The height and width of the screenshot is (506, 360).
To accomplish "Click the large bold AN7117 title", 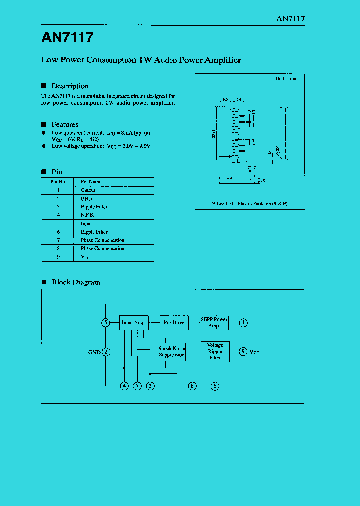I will [x=67, y=38].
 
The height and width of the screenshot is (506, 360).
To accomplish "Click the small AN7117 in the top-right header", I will [x=290, y=18].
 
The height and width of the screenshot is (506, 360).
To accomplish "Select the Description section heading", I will [x=70, y=86].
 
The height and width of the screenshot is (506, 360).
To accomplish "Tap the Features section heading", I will [x=65, y=124].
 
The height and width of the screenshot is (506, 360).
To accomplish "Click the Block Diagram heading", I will [x=76, y=282].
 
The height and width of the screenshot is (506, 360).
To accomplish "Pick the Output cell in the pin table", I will [x=88, y=190].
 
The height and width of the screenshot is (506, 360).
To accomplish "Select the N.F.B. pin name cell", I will [x=87, y=215].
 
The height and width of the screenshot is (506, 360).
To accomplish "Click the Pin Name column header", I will [x=91, y=182].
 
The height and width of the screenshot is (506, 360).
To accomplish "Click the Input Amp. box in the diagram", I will [x=133, y=323].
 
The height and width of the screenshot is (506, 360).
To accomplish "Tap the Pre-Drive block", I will [x=174, y=323].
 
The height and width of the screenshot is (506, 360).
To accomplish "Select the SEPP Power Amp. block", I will [x=214, y=322].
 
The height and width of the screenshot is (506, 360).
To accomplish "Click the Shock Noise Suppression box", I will [x=172, y=352].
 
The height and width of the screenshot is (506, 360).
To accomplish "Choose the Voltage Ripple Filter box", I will [x=215, y=351].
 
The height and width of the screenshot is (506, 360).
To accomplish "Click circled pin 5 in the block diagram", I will [x=106, y=323].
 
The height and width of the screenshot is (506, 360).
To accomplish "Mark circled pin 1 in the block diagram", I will [x=243, y=323].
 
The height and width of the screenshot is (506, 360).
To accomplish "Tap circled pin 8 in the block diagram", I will [x=192, y=386].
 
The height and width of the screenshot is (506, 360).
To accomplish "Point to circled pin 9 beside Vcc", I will [x=243, y=352].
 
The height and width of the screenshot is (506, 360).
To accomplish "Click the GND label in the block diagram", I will [x=94, y=352].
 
